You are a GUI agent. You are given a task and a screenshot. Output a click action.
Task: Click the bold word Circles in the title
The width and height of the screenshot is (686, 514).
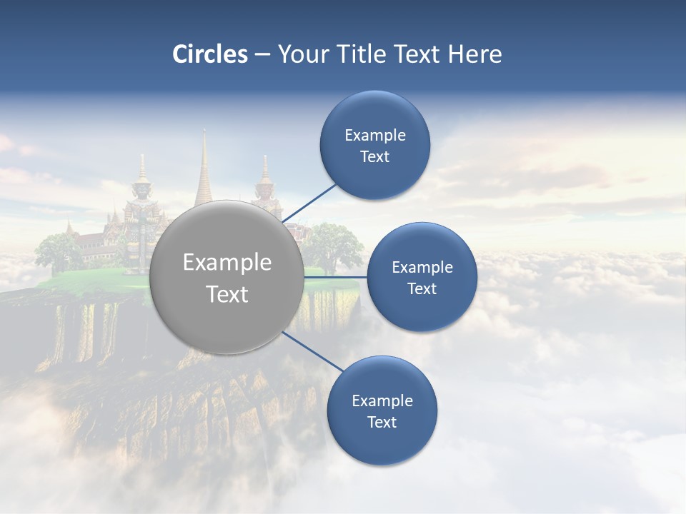[210, 54]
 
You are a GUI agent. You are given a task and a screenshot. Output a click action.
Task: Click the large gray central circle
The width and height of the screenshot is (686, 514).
[227, 277]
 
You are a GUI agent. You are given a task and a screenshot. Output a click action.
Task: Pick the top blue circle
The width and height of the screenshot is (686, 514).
[374, 146]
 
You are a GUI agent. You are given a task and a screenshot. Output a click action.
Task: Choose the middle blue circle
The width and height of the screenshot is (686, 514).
[422, 278]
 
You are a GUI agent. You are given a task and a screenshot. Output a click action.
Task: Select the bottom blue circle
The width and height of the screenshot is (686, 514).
[382, 411]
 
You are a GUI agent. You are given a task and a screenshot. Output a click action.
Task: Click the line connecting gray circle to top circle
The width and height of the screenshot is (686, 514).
[309, 203]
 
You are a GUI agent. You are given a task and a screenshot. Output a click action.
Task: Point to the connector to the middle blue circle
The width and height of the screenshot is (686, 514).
[336, 277]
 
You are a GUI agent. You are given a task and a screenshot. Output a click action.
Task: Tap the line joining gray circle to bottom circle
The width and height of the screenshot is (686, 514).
[313, 351]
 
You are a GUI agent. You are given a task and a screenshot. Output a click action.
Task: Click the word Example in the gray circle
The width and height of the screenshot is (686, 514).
[227, 263]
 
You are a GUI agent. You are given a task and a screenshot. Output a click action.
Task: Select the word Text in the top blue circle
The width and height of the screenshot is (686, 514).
[374, 157]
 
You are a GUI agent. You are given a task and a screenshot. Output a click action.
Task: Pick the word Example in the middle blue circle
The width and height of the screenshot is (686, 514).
[422, 268]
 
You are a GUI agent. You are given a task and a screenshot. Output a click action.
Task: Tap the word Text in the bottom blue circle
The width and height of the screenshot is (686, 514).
[382, 423]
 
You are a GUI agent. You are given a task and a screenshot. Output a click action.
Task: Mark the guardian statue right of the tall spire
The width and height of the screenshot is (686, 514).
[265, 189]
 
